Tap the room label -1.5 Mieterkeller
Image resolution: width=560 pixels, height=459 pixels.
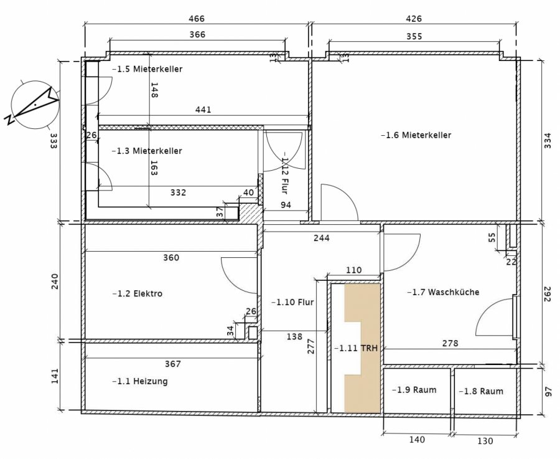147,69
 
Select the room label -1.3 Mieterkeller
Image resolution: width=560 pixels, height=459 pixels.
147,151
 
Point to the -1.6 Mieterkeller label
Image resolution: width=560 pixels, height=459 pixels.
416,135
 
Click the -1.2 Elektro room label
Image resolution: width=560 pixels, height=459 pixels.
138,293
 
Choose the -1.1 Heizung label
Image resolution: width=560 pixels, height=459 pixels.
140,381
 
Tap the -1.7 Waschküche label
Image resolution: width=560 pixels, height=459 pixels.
443,292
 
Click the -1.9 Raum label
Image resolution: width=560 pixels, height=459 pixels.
414,390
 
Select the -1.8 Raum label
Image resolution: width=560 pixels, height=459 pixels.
481,392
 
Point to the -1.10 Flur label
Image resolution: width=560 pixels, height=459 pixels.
292,302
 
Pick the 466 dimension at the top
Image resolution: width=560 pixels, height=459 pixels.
197,19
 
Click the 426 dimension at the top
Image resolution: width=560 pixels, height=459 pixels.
414,19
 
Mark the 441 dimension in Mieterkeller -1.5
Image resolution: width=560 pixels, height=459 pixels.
203,110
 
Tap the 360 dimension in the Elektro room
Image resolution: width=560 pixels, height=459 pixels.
171,257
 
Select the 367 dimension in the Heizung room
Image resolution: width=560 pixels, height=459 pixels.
173,364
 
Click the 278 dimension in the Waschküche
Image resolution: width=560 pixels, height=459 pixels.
450,343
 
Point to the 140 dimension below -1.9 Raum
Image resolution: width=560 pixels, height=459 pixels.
417,439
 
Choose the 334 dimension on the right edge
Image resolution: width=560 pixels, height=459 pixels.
548,141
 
